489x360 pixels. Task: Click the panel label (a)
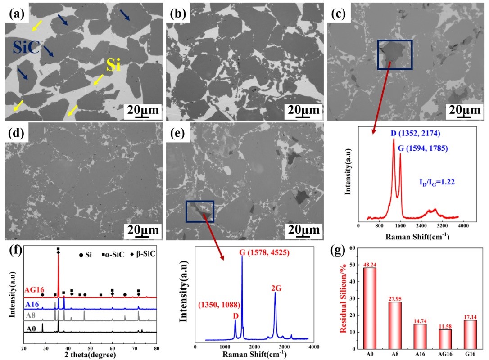[16, 13]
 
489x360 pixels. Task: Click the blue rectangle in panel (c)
[395, 54]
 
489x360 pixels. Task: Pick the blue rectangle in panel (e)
[200, 211]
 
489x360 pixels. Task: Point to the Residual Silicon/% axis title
[344, 297]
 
